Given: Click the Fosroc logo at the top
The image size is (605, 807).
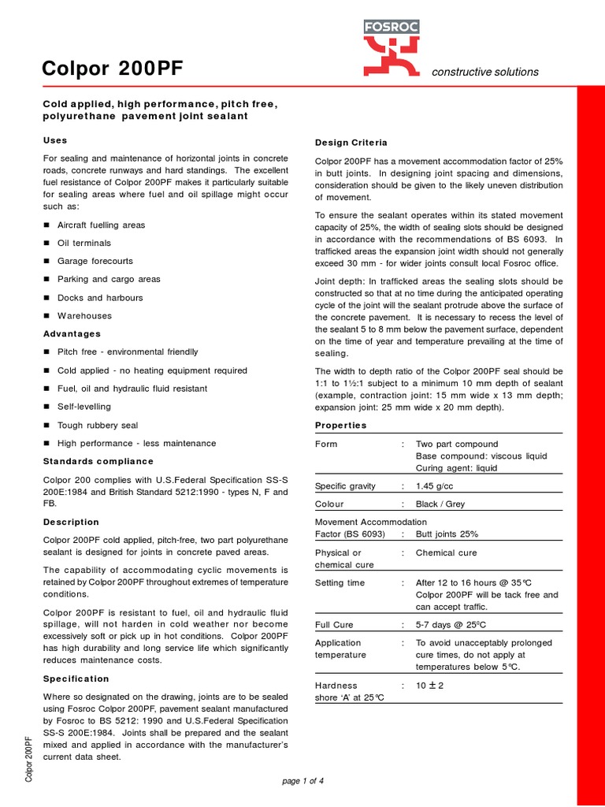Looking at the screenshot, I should click(391, 48).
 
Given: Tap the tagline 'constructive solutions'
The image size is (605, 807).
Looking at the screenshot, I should click(485, 72).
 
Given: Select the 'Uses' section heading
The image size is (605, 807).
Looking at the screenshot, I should click(54, 139).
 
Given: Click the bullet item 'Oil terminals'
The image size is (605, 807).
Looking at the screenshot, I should click(84, 243).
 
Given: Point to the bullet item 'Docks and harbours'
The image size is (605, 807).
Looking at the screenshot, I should click(100, 298).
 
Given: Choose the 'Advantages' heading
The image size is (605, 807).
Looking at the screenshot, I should click(72, 333).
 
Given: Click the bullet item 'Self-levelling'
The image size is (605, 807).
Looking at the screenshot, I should click(84, 407).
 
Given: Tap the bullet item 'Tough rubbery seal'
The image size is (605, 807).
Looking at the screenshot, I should click(98, 425).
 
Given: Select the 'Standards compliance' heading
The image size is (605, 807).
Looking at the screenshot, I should click(98, 461).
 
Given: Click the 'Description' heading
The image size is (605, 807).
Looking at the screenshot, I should click(71, 522).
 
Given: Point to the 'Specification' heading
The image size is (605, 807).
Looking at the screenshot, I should click(76, 679).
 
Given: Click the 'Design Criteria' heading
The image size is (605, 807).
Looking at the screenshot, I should click(351, 143).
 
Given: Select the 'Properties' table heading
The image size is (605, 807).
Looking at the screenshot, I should click(340, 425).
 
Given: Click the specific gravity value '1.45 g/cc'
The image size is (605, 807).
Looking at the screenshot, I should click(439, 486).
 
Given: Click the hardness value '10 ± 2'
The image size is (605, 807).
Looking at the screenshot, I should click(430, 685).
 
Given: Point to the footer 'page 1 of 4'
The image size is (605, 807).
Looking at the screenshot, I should click(302, 781).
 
